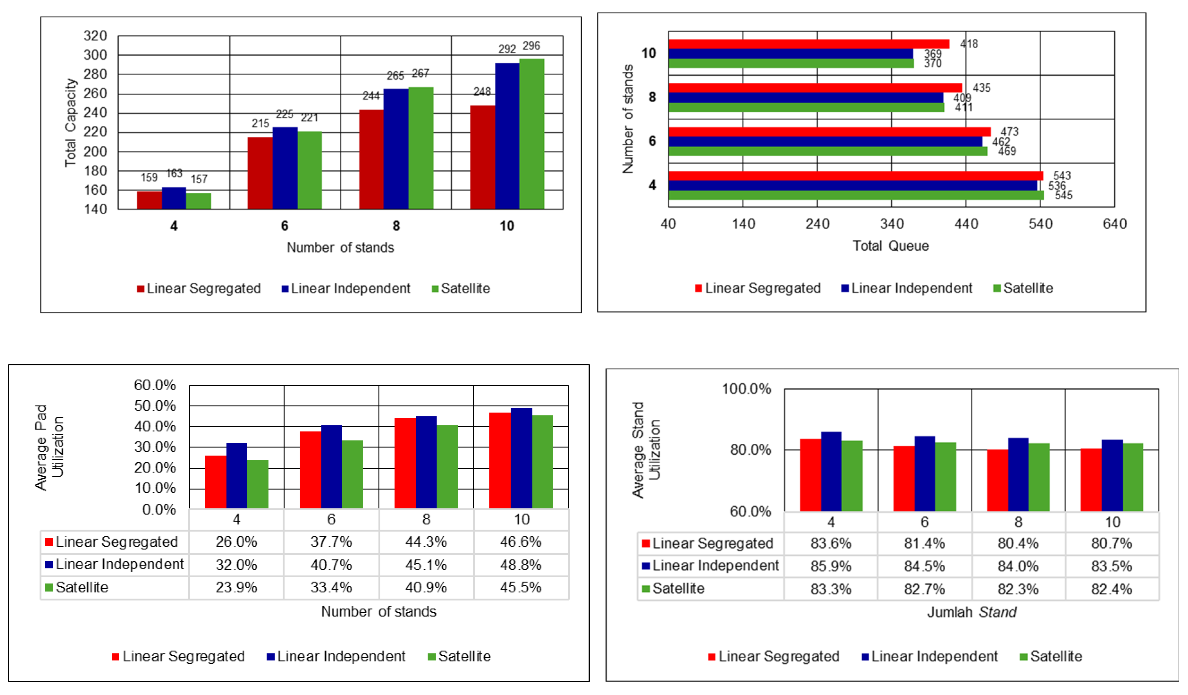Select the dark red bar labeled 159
149,200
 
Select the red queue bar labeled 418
809,44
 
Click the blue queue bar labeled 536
852,185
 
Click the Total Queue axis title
891,246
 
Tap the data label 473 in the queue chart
1009,132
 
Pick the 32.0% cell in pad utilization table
236,565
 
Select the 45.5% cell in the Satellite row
521,588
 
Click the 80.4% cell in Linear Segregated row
1018,543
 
